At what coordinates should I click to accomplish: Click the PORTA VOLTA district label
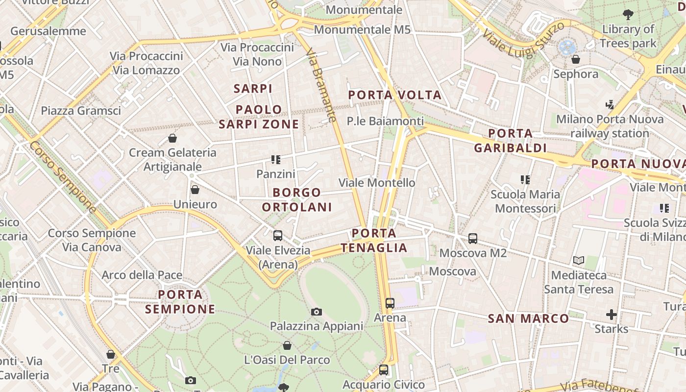pos(395,95)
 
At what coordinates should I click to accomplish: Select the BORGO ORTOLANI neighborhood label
pos(297,199)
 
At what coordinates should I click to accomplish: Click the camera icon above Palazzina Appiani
pos(317,312)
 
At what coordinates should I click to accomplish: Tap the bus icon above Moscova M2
pos(473,239)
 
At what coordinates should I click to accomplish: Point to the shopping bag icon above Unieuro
pos(195,190)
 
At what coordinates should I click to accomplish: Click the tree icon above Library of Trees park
pos(628,15)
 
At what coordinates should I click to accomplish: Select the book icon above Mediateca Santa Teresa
pos(579,261)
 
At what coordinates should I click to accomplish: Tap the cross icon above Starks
pos(611,314)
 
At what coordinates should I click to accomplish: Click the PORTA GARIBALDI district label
pos(510,140)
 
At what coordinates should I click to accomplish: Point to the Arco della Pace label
pos(142,275)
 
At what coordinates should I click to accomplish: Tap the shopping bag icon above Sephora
pos(576,60)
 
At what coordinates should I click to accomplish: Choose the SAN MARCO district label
pos(528,319)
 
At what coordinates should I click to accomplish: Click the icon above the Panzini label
pos(276,160)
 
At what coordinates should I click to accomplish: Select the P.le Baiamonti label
pos(385,121)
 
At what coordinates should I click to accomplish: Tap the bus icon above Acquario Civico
pos(384,370)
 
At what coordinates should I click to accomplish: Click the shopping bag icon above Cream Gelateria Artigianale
pos(172,138)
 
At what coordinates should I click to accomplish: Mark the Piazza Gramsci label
pos(81,111)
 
